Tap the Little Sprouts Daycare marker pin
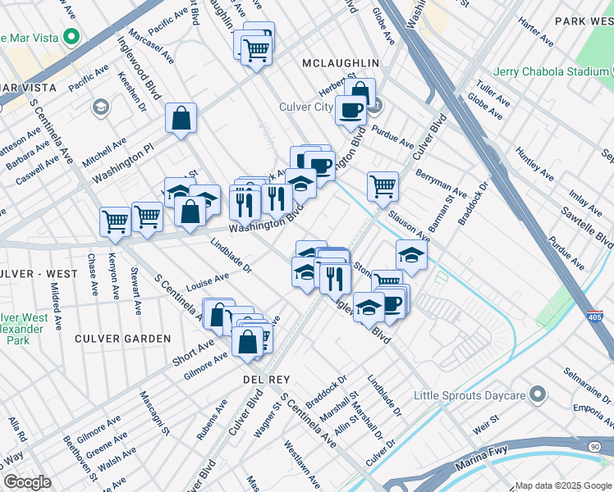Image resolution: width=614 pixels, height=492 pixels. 538,395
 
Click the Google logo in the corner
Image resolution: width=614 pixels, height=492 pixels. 28,482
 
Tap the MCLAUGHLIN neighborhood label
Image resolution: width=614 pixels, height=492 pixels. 340,62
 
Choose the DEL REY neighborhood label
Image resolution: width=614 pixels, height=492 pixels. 263,380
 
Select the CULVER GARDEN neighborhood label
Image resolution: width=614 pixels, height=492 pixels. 122,338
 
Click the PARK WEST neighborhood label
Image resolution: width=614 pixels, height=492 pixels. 584,20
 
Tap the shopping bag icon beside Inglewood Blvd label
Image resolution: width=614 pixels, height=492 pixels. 181,118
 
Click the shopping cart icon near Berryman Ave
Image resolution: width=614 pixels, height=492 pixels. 383,186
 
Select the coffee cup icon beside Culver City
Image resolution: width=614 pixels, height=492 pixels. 351,110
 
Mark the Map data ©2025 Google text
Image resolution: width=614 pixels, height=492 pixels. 562,485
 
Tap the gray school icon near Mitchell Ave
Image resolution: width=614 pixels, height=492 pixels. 101,107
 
